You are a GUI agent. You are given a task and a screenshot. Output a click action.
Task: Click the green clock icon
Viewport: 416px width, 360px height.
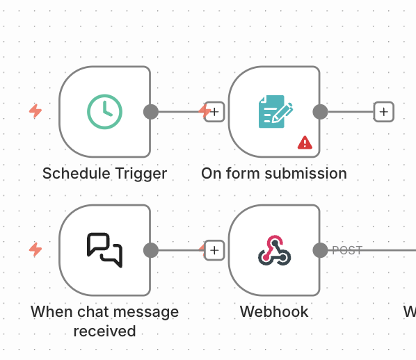pos(104,112)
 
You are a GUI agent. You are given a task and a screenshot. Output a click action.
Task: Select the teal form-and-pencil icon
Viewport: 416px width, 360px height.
pos(275,112)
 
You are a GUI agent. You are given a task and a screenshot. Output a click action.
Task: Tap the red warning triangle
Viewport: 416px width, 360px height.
pos(305,142)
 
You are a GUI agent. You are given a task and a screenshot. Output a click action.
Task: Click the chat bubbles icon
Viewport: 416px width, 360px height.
pos(104,250)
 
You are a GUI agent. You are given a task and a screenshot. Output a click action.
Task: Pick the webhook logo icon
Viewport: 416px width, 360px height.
pos(275,250)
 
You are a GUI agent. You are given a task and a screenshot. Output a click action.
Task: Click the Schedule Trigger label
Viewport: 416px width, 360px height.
pos(104,174)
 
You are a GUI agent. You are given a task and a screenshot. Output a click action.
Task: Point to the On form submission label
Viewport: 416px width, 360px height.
pos(274,174)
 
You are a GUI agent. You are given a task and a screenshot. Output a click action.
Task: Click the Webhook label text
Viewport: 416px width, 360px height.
pos(274,312)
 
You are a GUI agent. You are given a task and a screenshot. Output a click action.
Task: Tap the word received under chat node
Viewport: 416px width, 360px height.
pos(104,332)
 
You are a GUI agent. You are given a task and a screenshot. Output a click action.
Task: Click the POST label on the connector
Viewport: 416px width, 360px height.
pos(347,250)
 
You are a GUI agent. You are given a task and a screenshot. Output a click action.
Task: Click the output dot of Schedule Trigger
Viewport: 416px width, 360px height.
pos(151,112)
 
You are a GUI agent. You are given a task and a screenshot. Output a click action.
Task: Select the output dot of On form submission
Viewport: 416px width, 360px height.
pos(320,112)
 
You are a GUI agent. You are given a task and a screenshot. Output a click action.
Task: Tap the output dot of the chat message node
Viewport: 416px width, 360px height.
pos(151,250)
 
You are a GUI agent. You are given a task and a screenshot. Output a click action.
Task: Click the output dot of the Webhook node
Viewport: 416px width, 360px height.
pos(320,250)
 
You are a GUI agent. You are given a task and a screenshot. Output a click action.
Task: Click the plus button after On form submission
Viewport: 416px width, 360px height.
pos(383,112)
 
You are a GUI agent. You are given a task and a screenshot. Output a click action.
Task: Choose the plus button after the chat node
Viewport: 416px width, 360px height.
pos(214,250)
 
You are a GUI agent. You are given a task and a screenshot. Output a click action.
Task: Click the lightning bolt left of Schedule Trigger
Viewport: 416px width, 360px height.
pos(35,111)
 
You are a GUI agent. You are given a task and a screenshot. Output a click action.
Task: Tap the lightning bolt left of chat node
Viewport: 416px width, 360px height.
pos(35,249)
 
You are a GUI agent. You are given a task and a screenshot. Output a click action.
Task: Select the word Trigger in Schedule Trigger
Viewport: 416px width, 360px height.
pos(141,174)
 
